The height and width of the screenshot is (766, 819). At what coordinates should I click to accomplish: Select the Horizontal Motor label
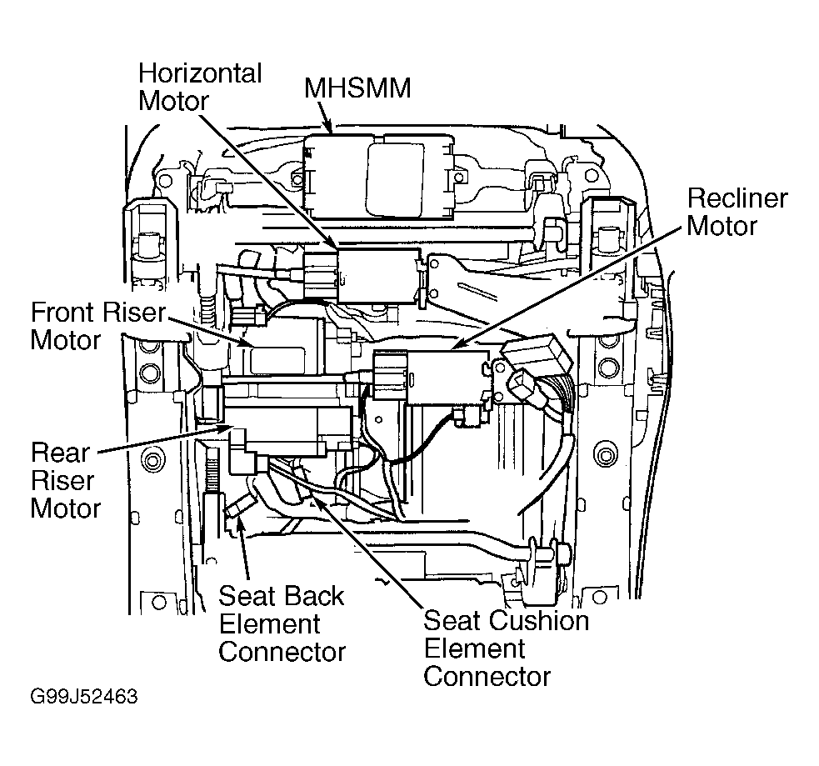click(200, 87)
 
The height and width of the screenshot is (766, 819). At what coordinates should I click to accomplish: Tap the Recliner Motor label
click(737, 212)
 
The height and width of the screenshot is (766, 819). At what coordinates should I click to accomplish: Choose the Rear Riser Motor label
click(65, 481)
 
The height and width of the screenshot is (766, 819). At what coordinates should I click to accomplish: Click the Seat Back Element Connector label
click(282, 623)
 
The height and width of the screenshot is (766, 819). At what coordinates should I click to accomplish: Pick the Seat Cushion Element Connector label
click(506, 648)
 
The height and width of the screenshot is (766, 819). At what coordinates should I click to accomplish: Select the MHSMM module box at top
click(383, 176)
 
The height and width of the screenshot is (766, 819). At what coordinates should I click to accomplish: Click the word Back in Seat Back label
click(312, 596)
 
